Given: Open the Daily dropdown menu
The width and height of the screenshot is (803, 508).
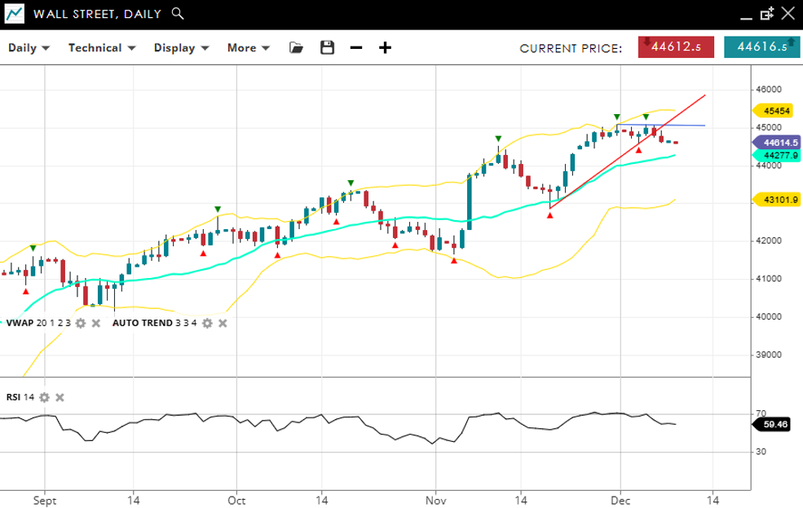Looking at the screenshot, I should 29,48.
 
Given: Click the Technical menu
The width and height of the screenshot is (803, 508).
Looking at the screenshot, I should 101,48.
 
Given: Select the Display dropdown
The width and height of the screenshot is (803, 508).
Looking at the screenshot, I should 181,48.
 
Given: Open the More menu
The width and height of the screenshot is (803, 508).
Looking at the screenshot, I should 248,48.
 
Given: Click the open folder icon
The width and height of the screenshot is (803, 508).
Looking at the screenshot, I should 296,48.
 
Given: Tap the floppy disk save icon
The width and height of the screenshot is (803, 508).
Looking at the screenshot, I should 327,48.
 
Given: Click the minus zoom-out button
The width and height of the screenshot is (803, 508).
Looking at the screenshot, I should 356,48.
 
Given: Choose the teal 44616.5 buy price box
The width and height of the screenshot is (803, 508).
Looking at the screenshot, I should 761,47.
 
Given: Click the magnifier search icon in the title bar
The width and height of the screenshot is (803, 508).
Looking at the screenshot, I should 179,14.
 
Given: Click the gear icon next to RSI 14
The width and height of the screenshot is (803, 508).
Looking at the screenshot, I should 45,397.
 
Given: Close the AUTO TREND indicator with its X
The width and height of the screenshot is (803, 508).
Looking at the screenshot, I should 223,323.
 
